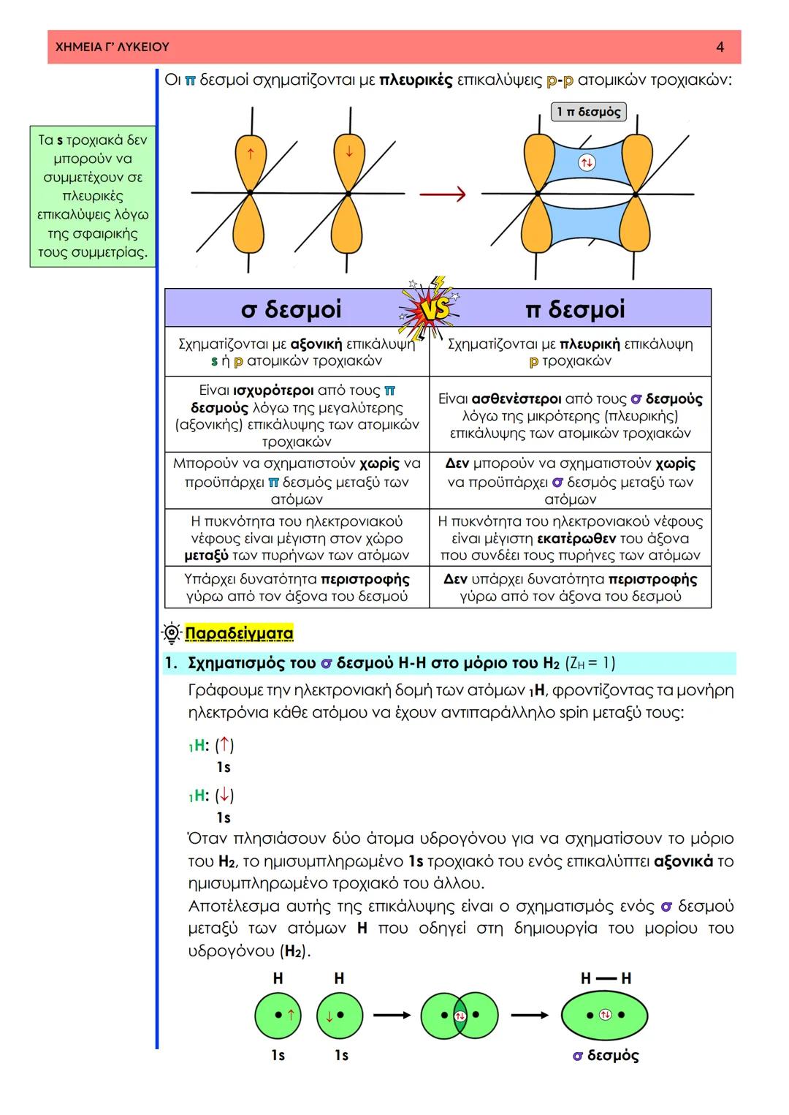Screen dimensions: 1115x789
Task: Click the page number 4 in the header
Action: tap(720, 47)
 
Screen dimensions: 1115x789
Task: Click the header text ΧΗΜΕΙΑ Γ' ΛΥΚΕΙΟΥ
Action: tap(113, 47)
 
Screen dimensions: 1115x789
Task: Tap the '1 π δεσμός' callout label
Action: tap(588, 112)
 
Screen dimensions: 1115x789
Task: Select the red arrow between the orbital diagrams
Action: tap(443, 194)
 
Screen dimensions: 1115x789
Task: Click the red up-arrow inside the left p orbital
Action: tap(251, 154)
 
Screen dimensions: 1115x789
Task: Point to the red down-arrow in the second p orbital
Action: tap(348, 152)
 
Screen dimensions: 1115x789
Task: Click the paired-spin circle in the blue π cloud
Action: tap(586, 162)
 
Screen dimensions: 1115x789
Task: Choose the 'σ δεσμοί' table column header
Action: tap(291, 309)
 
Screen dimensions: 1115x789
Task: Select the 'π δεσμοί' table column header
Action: tap(575, 309)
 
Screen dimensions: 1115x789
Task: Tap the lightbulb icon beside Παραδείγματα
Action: tap(172, 633)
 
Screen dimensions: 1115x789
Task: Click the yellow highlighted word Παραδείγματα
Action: tap(239, 633)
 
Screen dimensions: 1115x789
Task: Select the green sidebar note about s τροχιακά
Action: tap(93, 196)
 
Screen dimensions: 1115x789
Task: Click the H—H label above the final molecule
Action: tap(606, 978)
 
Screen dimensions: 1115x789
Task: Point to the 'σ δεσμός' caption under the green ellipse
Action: tap(606, 1056)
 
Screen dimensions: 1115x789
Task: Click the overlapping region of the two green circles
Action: tap(460, 1016)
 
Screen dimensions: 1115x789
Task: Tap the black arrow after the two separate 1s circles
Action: tap(392, 1015)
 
